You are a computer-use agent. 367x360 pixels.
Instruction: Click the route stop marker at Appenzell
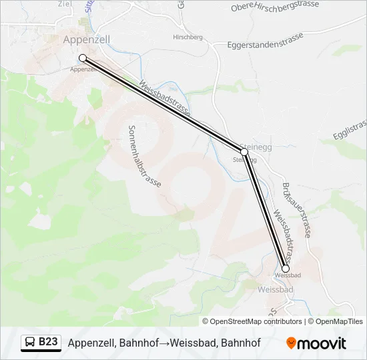(x=83, y=58)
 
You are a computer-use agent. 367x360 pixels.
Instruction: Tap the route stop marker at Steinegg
(x=244, y=152)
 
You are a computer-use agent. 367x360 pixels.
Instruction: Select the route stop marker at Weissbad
(x=286, y=269)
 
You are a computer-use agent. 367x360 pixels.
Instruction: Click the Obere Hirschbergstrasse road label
(x=275, y=7)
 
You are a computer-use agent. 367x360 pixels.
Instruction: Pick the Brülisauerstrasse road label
(x=298, y=210)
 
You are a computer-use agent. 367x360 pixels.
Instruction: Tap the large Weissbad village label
(x=275, y=290)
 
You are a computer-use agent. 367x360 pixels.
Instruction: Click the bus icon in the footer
(x=31, y=343)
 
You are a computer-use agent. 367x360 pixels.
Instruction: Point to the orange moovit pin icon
(x=291, y=343)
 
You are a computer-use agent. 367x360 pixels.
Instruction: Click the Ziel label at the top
(x=65, y=3)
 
